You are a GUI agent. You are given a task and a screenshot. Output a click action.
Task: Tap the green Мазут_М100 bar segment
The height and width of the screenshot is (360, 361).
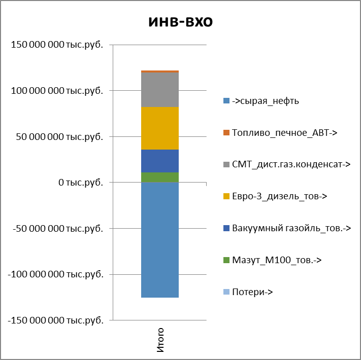(160, 177)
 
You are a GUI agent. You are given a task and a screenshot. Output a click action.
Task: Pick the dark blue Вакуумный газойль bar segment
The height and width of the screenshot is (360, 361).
(160, 161)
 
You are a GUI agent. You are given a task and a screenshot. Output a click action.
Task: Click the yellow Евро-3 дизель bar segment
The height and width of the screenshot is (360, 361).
(160, 128)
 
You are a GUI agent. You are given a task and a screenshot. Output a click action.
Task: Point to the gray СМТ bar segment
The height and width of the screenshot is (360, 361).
(160, 90)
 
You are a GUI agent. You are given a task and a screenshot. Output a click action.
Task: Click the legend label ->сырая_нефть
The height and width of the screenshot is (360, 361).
(265, 101)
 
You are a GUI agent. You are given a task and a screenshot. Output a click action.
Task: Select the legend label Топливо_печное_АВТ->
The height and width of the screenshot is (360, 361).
(284, 133)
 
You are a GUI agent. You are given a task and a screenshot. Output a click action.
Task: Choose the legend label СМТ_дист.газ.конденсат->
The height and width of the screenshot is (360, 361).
(291, 164)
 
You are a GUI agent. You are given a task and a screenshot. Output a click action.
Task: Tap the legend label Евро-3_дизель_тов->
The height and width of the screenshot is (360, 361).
(279, 196)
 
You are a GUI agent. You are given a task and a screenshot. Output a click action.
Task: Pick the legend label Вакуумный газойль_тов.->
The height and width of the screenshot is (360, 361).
(291, 228)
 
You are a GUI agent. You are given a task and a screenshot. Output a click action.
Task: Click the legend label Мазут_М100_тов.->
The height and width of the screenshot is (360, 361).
(277, 260)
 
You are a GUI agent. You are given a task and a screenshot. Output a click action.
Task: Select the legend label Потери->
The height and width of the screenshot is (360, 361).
(252, 292)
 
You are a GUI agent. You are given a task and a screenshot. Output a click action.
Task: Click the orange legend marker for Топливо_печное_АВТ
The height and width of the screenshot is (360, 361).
(226, 133)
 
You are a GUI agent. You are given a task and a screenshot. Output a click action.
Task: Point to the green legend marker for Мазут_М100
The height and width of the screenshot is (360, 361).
(226, 260)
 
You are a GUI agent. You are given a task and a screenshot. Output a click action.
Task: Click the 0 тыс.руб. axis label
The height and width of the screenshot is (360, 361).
(81, 183)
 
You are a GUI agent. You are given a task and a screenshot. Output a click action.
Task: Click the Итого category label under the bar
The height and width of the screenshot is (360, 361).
(160, 340)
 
